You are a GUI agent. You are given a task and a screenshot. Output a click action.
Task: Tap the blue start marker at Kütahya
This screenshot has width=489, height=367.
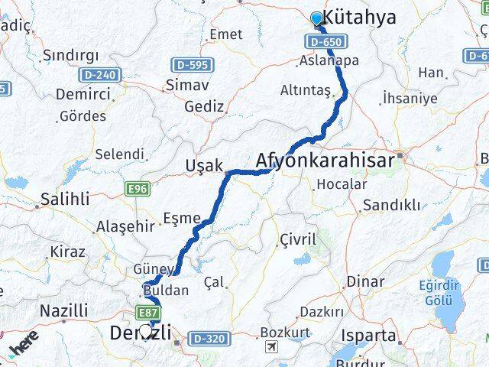point(317,18)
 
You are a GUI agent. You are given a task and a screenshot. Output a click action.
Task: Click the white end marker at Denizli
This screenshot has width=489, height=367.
point(145,331)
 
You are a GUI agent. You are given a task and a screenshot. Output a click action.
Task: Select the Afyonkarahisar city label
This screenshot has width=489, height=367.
point(325,161)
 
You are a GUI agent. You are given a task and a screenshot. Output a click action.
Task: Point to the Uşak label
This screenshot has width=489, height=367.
point(204,166)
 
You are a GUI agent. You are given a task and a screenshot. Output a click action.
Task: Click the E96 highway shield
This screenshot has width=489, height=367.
point(138,189)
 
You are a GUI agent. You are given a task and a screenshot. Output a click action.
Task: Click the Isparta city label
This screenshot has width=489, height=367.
point(391,336)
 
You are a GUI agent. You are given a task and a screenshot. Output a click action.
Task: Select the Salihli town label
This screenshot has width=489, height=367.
point(65,199)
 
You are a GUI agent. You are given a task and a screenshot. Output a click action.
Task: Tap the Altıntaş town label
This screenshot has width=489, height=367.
point(306,91)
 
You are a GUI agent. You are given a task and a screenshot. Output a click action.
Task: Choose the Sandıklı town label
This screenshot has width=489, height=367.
point(392,205)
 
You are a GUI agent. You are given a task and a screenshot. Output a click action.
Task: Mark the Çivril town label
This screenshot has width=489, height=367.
point(299,239)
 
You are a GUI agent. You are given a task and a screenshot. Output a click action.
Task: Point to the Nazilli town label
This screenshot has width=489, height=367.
point(63,310)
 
